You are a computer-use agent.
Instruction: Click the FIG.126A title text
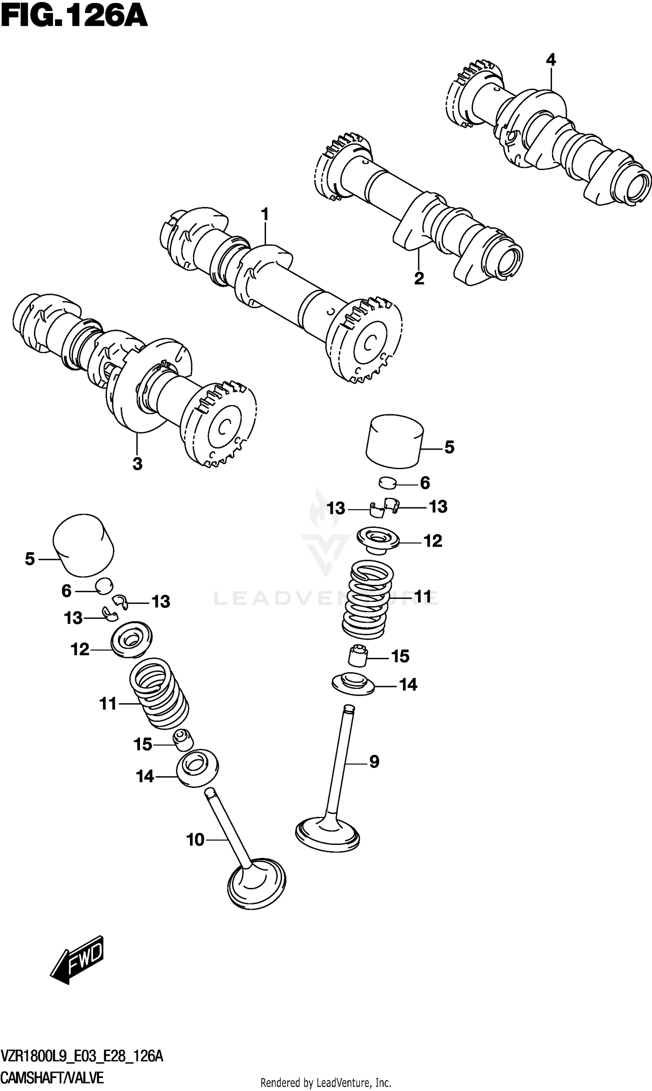(74, 17)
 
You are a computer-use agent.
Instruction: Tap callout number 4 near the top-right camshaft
(551, 60)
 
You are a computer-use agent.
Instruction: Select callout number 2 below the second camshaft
(419, 278)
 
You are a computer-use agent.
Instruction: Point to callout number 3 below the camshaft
(137, 464)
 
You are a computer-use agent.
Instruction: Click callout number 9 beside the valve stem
(374, 761)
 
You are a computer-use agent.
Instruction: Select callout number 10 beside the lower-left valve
(196, 840)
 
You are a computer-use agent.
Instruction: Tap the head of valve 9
(327, 832)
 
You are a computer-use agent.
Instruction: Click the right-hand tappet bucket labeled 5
(394, 441)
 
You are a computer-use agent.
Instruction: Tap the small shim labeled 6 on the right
(388, 483)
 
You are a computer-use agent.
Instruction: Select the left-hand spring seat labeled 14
(197, 767)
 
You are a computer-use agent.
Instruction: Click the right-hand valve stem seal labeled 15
(357, 656)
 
